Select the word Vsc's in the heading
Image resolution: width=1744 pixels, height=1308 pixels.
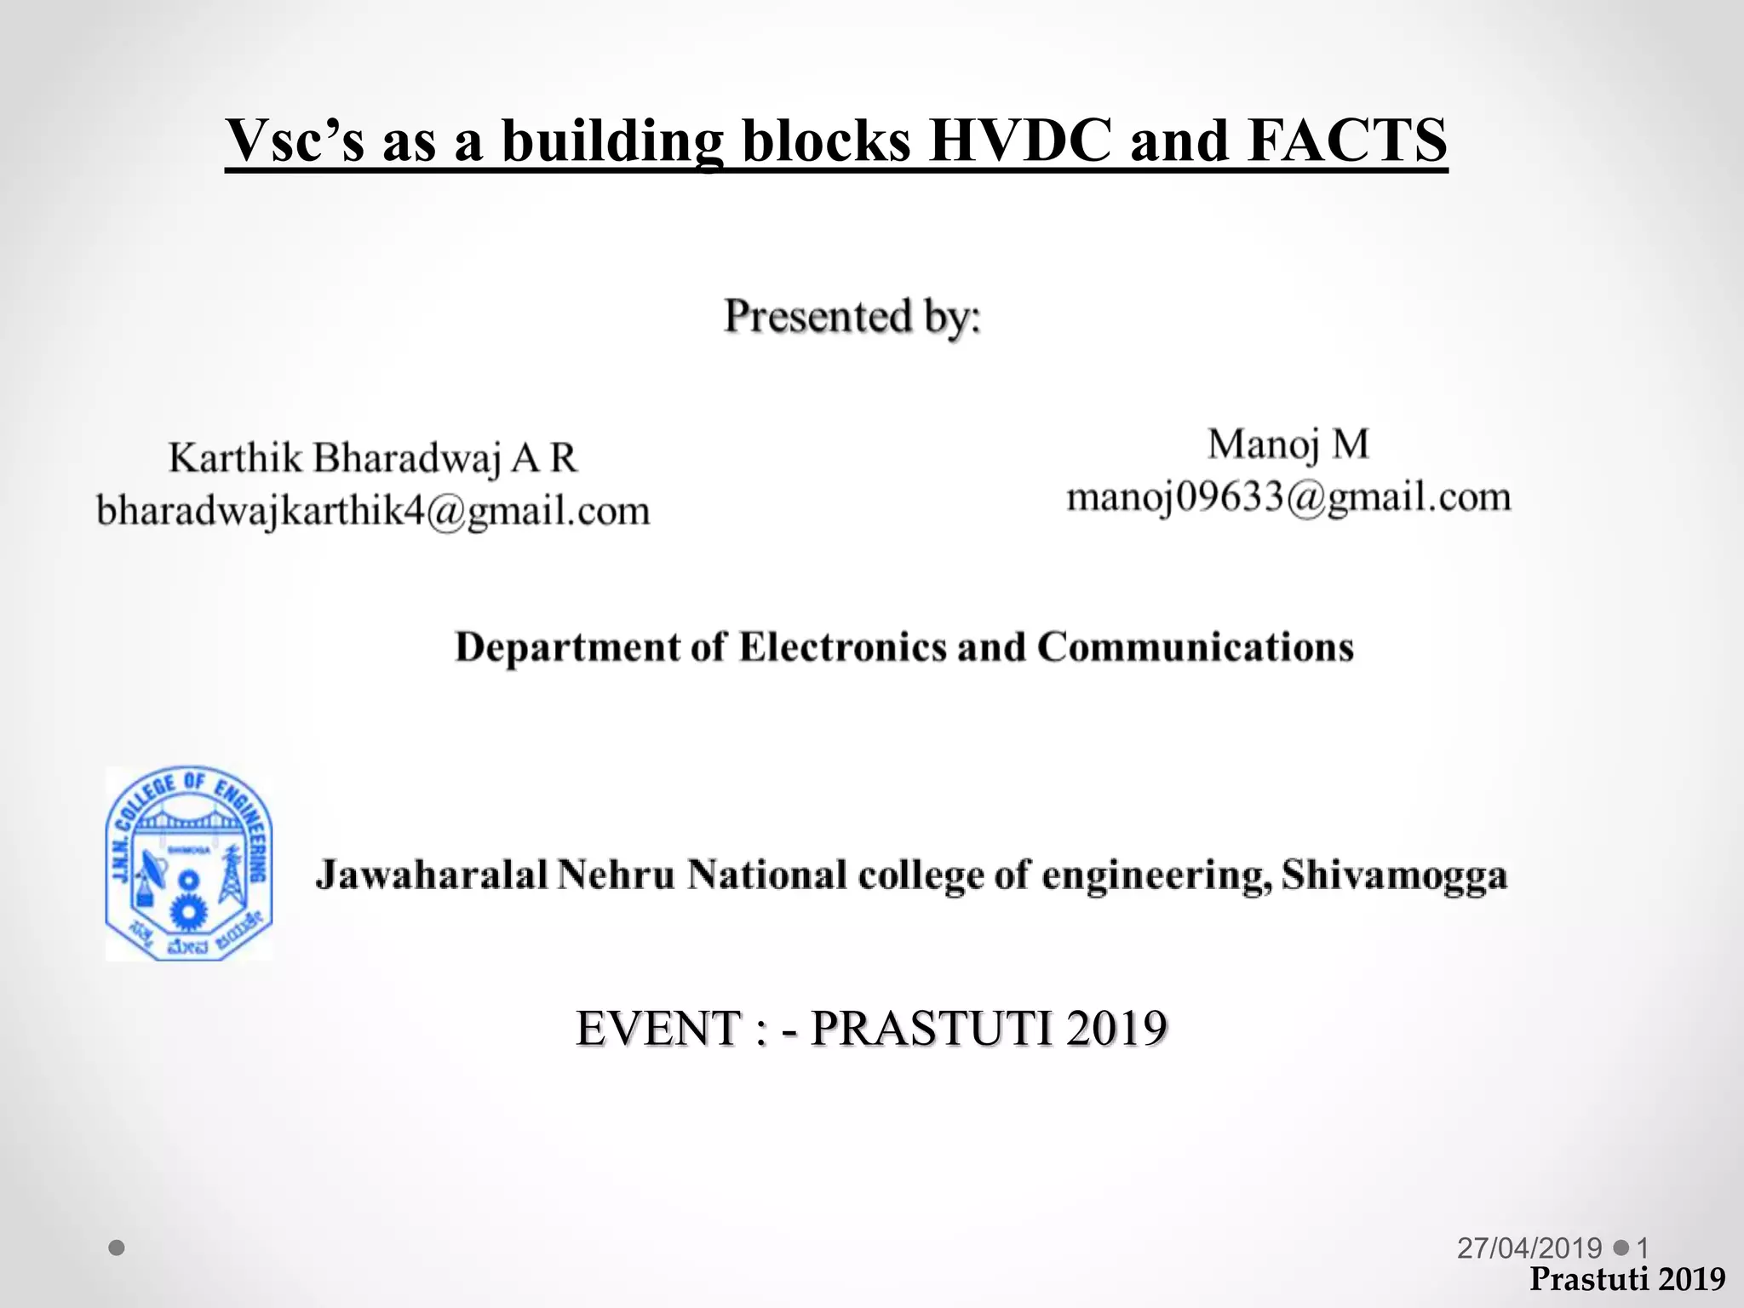tap(295, 140)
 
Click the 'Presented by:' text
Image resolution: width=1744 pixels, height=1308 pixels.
tap(852, 317)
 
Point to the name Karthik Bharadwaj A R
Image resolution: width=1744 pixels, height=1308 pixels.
tap(373, 458)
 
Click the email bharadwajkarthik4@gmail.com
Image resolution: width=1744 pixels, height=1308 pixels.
tap(373, 511)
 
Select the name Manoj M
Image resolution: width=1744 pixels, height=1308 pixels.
tap(1288, 445)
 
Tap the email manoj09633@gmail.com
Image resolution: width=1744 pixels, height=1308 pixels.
tap(1288, 497)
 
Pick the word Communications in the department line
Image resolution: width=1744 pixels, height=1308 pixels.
tap(1195, 647)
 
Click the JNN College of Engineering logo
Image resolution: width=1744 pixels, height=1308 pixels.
tap(189, 863)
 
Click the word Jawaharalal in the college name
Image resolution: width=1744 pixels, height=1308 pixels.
tap(431, 875)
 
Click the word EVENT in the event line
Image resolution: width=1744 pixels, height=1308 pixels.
tap(658, 1029)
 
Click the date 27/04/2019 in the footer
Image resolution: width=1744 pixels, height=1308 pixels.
tap(1529, 1248)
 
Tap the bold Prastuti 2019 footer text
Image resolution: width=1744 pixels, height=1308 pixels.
tap(1626, 1279)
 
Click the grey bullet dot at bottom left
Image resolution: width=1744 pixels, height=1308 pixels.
tap(118, 1248)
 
